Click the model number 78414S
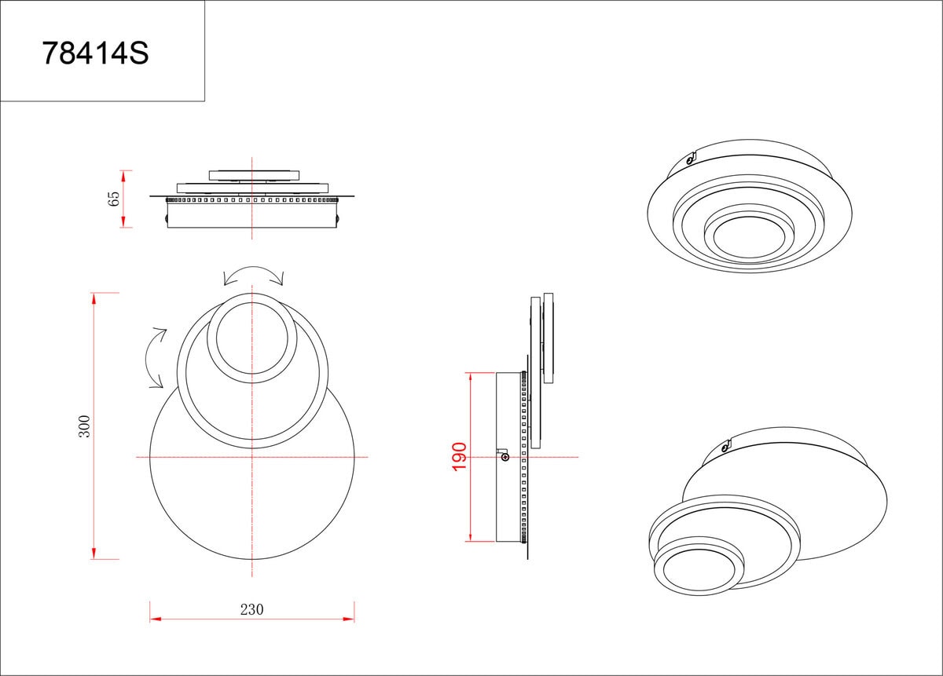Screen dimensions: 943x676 pyautogui.click(x=96, y=53)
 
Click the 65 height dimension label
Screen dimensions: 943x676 pyautogui.click(x=114, y=199)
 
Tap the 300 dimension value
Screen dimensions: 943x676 pyautogui.click(x=84, y=426)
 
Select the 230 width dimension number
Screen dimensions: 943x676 pyautogui.click(x=251, y=609)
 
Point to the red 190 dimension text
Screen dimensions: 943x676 pyautogui.click(x=459, y=456)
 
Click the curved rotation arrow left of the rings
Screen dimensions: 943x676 pyautogui.click(x=155, y=357)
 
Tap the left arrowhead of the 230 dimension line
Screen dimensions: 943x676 pyautogui.click(x=156, y=619)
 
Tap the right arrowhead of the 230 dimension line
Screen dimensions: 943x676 pyautogui.click(x=349, y=619)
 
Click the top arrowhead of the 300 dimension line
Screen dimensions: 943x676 pyautogui.click(x=94, y=298)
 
